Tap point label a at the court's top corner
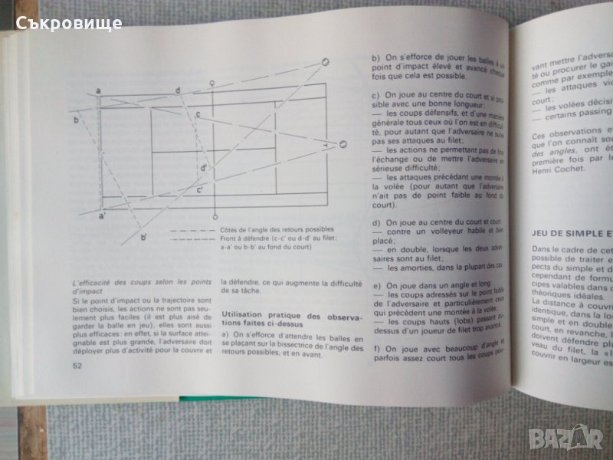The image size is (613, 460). tap(99, 92)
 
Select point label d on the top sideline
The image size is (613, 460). tap(178, 90)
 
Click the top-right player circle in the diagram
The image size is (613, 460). tap(325, 61)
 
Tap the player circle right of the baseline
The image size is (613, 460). tap(343, 143)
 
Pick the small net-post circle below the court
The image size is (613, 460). tap(216, 213)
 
